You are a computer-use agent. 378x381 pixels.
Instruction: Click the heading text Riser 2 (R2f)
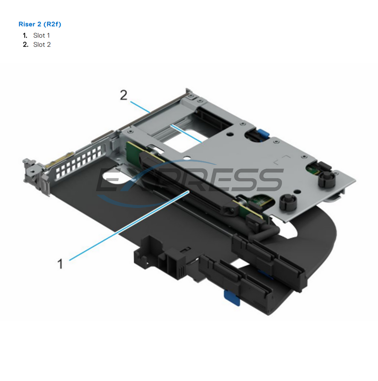[40, 24]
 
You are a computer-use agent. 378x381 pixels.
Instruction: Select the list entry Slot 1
[41, 35]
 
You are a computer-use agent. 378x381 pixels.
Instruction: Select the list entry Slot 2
[42, 44]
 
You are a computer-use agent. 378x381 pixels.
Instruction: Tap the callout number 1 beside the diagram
[60, 263]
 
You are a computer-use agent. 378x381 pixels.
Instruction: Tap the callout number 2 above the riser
[123, 95]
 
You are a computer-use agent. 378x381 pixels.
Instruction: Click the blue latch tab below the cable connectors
[230, 296]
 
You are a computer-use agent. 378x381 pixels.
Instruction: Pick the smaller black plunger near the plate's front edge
[287, 201]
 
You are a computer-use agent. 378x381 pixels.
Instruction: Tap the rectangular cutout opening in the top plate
[189, 123]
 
